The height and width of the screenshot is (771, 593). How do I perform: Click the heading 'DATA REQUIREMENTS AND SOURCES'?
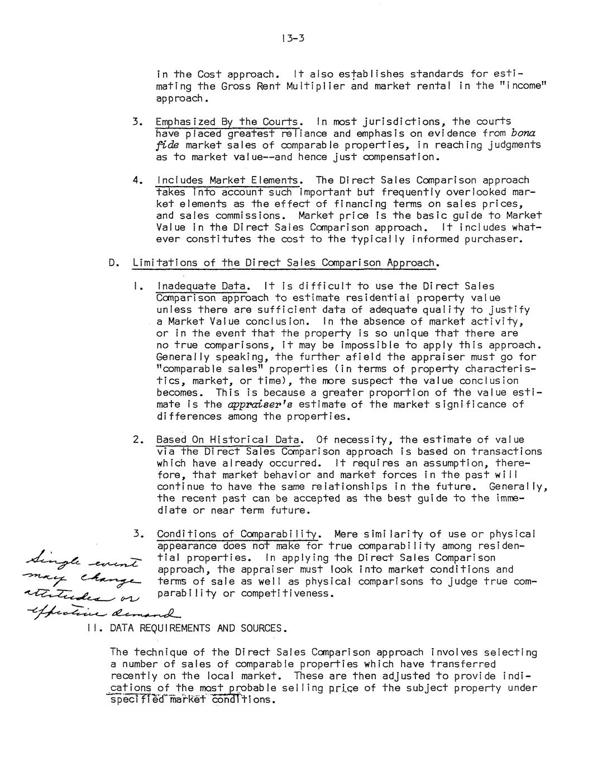(x=198, y=628)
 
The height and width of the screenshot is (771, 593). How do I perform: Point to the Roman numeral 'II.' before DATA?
(x=93, y=628)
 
